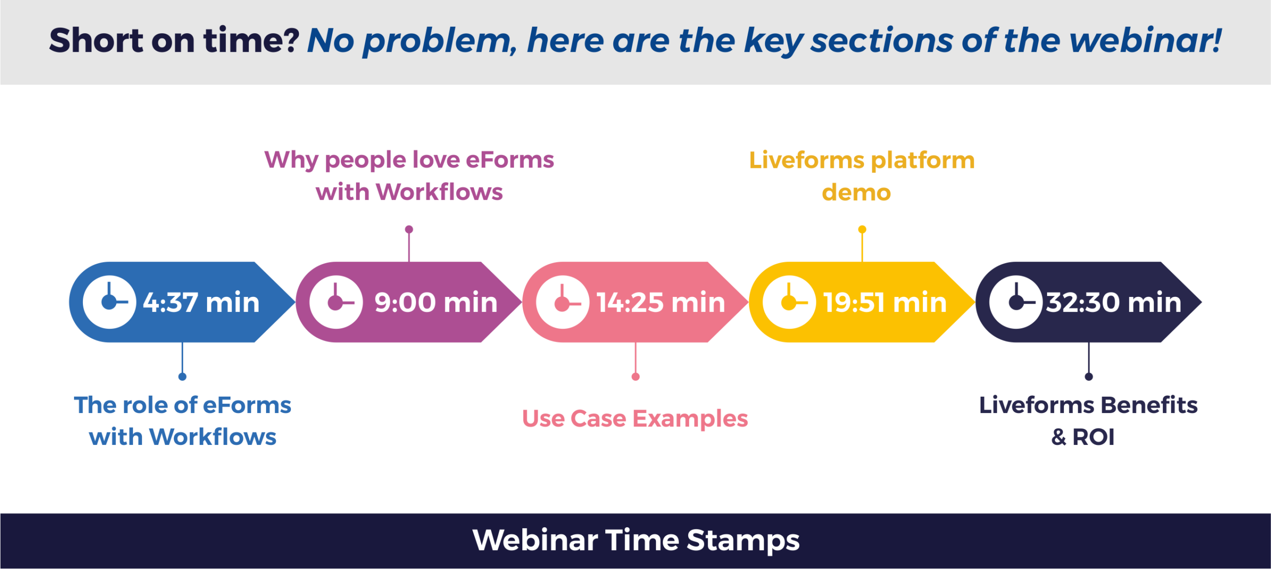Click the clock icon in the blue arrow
coord(109,302)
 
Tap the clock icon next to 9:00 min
coord(336,302)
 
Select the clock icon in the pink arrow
coord(563,302)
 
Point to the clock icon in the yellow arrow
coord(789,302)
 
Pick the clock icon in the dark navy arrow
coord(1016,302)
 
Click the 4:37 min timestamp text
coord(201,302)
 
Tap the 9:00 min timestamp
coord(436,302)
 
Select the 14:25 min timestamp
coord(661,302)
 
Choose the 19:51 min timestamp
coord(885,302)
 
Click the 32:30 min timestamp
coord(1114,302)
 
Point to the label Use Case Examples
coord(635,419)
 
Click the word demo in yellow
coord(856,193)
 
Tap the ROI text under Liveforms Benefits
coord(1093,437)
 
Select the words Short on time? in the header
coord(174,41)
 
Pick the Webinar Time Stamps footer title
coord(636,540)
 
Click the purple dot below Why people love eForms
coord(409,229)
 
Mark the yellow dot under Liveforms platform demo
coord(862,229)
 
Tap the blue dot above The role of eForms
coord(182,377)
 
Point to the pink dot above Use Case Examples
coord(635,377)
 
